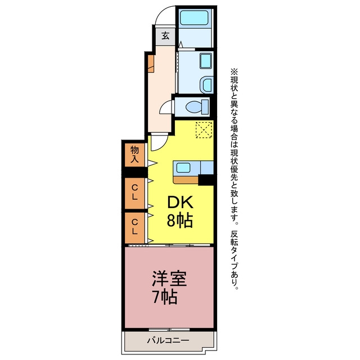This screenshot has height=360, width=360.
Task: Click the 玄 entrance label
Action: coord(165,36)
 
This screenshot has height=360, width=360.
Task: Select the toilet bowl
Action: coord(196,106)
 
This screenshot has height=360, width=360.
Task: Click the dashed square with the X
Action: coord(204,130)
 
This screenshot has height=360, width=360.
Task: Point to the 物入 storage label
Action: coord(134,154)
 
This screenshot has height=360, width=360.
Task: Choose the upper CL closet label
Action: coord(135,192)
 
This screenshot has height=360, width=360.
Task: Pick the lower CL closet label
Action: coord(135,227)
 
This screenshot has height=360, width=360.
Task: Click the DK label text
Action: coord(180,202)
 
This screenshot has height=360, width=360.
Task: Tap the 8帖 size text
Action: coord(179,221)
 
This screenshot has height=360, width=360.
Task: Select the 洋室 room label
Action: coord(169,278)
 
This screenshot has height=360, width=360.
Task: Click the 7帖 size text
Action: coord(165,298)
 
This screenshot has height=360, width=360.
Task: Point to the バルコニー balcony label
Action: coord(168,340)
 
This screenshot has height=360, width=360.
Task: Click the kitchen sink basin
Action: coord(183,168)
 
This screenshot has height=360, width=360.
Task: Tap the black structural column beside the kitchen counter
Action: coord(206,180)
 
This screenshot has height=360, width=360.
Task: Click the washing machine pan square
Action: coord(206,61)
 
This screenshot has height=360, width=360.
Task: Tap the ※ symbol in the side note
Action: coord(234,71)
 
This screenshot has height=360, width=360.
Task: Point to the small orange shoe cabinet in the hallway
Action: coord(151,64)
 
